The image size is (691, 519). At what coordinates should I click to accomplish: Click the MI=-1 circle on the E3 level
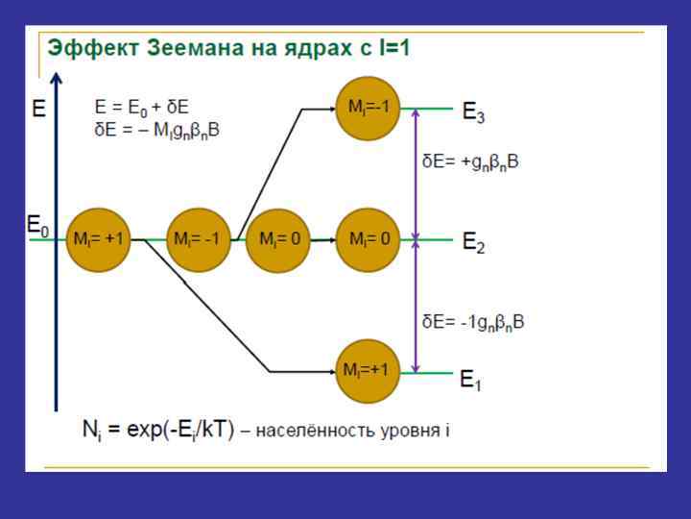coord(368,109)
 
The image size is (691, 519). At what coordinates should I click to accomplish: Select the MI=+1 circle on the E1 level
coord(368,371)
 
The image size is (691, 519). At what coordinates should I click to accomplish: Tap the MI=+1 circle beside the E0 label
coord(99,239)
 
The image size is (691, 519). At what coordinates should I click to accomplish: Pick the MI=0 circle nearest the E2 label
coord(368,239)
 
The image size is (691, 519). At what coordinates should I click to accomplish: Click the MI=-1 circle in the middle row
coord(199,239)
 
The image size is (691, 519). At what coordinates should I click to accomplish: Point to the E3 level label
coord(474,112)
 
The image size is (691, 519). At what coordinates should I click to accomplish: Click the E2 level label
coord(474,243)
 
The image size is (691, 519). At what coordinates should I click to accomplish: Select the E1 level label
coord(471,381)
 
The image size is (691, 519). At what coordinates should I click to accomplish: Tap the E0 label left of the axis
coord(37,227)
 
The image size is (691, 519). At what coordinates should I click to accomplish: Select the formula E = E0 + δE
coord(141,108)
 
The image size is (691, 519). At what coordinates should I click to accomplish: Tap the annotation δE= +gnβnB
coord(471,162)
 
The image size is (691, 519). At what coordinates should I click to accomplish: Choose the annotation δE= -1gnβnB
coord(473,322)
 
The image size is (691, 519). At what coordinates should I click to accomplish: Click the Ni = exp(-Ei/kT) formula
coord(157,430)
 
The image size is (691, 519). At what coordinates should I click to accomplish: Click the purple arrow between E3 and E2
coord(416,173)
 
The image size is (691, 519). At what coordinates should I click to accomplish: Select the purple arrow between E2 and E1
coord(416,306)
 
